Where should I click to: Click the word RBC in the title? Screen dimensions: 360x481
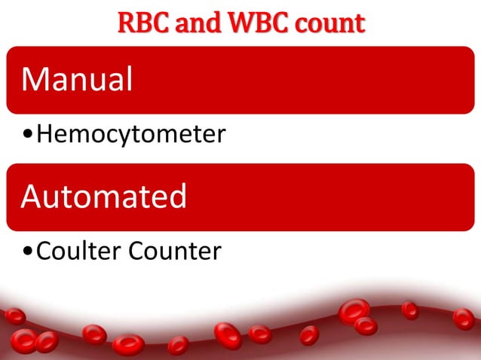(140, 23)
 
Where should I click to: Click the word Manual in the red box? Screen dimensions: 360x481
(77, 79)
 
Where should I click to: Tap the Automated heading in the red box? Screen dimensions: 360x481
(103, 197)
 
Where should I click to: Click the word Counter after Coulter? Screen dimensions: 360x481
(175, 251)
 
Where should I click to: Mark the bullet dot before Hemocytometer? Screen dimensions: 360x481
(28, 136)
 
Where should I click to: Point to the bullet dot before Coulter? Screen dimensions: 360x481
(28, 252)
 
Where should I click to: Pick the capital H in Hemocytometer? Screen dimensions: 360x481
(44, 136)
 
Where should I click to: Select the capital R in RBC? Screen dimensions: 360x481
(126, 23)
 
